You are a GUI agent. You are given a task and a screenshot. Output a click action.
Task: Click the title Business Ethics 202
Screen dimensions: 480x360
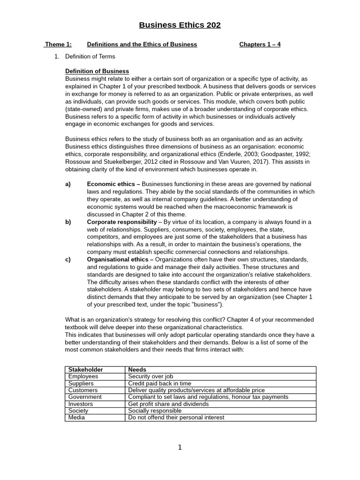180,25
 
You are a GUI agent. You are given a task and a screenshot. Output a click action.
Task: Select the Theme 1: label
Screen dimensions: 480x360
59,45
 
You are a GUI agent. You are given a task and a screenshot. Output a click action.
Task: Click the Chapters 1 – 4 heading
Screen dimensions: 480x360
260,45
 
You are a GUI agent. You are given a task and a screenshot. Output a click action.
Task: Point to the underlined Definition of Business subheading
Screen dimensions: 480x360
97,71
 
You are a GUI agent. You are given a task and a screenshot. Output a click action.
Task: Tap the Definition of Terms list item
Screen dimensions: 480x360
90,56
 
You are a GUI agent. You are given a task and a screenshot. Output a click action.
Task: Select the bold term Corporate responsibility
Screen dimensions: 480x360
122,222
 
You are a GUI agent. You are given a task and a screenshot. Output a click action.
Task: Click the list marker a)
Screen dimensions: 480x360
68,184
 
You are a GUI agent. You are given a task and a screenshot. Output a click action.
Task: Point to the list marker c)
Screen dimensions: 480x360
68,259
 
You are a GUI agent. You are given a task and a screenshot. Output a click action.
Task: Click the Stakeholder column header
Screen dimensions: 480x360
85,369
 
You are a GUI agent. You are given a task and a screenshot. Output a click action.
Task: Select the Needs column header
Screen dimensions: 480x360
137,369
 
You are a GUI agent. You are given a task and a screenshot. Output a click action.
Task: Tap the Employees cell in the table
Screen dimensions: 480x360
83,376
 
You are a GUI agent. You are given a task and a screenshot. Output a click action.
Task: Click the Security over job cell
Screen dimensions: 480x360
150,376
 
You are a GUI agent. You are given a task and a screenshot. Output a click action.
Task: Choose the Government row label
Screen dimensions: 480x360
85,397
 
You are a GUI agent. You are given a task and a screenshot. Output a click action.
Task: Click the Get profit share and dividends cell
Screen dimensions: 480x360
168,404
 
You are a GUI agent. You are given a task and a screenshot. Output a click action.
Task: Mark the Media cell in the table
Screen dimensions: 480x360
76,417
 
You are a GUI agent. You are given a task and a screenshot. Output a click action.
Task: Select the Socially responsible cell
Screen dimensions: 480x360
155,411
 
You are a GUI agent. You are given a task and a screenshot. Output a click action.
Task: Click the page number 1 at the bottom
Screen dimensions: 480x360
180,448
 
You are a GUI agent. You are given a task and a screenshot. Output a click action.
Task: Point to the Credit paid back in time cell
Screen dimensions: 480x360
153,383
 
